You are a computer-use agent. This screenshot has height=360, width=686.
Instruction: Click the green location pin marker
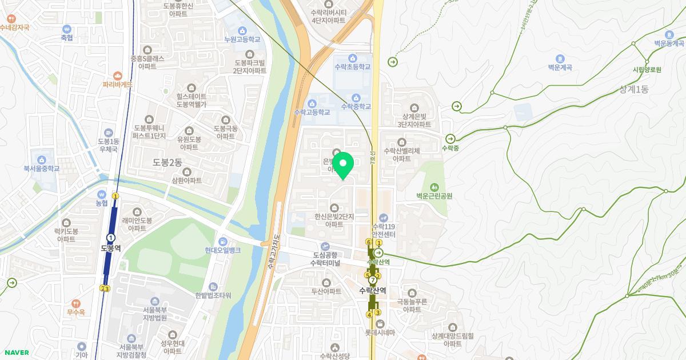(x=343, y=166)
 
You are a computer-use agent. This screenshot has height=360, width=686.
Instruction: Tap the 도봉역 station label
(x=111, y=248)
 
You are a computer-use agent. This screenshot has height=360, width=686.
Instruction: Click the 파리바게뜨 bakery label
(x=118, y=84)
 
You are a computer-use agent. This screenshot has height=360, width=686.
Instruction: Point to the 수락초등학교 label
(x=352, y=67)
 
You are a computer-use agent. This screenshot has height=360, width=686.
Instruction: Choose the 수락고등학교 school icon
(x=312, y=103)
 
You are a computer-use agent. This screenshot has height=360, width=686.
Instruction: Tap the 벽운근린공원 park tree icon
(x=434, y=186)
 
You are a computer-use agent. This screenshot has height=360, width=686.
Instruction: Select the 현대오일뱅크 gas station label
(x=222, y=250)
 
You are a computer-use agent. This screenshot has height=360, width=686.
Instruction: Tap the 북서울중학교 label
(x=41, y=169)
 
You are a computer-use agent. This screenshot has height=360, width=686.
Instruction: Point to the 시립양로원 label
(x=647, y=70)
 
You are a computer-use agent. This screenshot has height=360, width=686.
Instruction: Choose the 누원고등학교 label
(x=242, y=39)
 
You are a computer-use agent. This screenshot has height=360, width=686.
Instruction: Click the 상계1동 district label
(x=633, y=89)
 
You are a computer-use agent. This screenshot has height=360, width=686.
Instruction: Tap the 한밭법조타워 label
(x=213, y=295)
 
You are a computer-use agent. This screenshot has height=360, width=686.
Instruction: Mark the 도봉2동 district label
(x=167, y=162)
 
